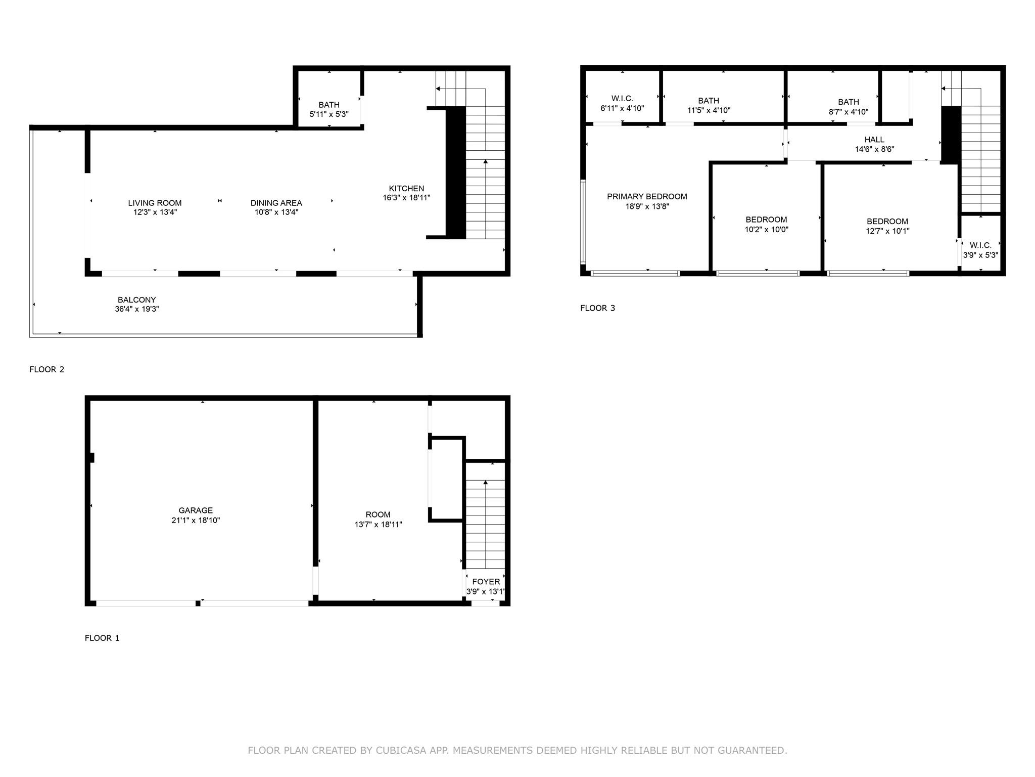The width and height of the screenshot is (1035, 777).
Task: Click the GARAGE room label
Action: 196,510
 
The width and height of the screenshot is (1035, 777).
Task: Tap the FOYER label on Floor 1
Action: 486,582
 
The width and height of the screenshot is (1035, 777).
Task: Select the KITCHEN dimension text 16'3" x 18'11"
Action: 406,198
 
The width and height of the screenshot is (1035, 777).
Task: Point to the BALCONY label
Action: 136,300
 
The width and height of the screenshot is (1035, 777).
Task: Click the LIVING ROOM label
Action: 155,203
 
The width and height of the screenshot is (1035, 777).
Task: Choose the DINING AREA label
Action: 276,203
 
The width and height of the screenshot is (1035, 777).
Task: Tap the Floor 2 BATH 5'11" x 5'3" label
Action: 329,105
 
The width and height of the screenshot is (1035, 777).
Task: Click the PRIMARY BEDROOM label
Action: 647,197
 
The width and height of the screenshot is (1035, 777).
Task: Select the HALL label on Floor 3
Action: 874,140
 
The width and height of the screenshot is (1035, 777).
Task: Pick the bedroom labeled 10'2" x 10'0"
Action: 766,220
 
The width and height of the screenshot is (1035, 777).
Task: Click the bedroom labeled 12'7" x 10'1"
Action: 887,222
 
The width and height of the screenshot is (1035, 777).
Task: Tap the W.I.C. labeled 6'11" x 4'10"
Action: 622,99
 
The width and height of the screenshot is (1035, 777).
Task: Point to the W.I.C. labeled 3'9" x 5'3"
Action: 980,245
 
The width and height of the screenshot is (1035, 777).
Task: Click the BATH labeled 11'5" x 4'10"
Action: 709,101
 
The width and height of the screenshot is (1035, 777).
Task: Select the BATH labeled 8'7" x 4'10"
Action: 848,102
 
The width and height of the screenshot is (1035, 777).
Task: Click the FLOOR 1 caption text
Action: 102,638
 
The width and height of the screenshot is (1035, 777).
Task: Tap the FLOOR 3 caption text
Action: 597,308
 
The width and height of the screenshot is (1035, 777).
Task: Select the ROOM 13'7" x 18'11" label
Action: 378,515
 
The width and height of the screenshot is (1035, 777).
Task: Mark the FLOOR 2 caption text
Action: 46,369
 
